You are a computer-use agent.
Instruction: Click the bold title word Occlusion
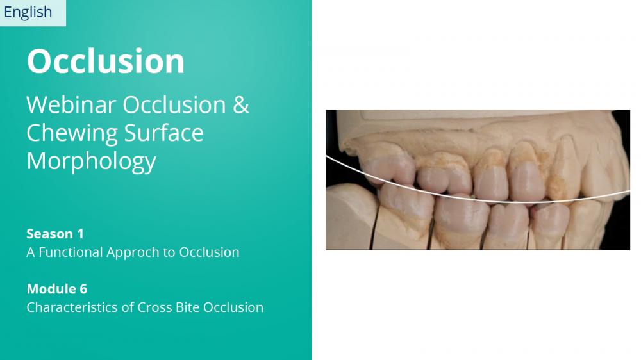coord(106,61)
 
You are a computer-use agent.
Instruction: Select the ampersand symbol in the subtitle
coord(241,104)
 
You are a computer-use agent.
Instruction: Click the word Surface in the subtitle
coord(163,133)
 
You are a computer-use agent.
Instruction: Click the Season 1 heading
coord(55,234)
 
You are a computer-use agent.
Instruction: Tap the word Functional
coord(71,252)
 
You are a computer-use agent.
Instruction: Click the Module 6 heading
coord(57,289)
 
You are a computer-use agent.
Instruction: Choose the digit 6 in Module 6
coord(83,290)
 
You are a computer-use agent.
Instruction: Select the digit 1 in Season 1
coord(81,234)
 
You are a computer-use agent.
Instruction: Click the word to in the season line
coord(170,252)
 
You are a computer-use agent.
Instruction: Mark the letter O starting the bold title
coord(38,61)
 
